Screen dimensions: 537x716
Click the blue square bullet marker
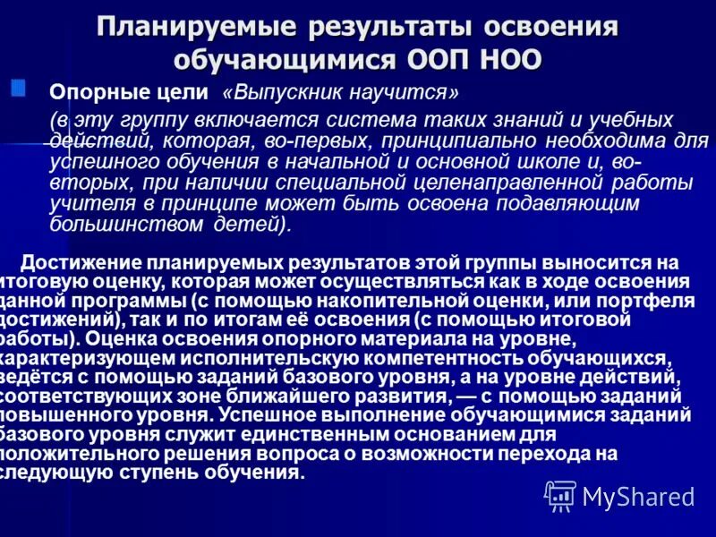(x=17, y=87)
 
